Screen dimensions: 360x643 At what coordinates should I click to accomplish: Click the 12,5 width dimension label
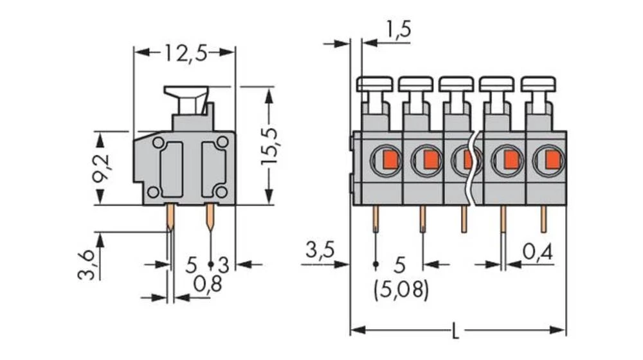pyautogui.click(x=184, y=53)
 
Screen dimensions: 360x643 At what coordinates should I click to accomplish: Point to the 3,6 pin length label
pyautogui.click(x=88, y=264)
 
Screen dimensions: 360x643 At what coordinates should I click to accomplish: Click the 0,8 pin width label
pyautogui.click(x=208, y=283)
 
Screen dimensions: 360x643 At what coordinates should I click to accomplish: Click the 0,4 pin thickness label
pyautogui.click(x=538, y=251)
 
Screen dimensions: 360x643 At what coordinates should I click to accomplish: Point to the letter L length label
pyautogui.click(x=456, y=332)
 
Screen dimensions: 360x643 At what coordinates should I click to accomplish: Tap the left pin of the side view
pyautogui.click(x=170, y=217)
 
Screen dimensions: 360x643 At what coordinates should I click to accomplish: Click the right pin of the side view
pyautogui.click(x=210, y=217)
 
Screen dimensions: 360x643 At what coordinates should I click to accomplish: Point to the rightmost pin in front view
pyautogui.click(x=543, y=219)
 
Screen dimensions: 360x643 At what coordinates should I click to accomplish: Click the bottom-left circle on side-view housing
pyautogui.click(x=153, y=192)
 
